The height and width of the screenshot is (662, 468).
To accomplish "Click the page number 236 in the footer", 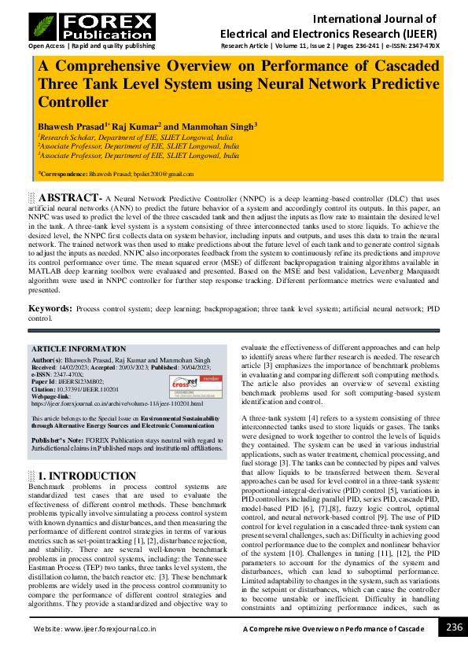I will pyautogui.click(x=454, y=627).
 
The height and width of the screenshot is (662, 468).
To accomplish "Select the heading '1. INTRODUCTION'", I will pyautogui.click(x=83, y=476).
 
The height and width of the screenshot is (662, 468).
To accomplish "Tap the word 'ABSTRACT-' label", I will pyautogui.click(x=69, y=197).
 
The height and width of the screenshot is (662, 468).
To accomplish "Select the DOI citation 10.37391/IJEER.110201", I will pyautogui.click(x=89, y=389).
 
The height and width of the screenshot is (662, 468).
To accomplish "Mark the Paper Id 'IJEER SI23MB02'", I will pyautogui.click(x=87, y=382).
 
